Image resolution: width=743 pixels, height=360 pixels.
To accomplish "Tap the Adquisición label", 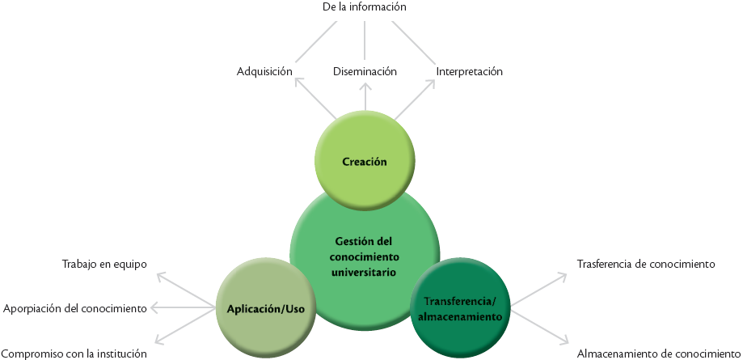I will point(264,71).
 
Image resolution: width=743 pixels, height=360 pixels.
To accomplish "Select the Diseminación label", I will point(365,71).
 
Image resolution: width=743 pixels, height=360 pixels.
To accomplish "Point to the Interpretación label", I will point(470,71).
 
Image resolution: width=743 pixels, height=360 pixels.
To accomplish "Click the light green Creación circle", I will point(365,161).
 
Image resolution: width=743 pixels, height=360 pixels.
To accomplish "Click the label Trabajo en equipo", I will point(104,264).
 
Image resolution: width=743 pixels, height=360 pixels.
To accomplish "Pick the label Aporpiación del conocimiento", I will point(74,308).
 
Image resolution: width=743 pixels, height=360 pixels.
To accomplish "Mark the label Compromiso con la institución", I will point(74,353).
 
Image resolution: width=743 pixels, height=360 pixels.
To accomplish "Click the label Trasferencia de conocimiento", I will point(647,264).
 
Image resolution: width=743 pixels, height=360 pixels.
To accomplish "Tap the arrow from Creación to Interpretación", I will point(415,101).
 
